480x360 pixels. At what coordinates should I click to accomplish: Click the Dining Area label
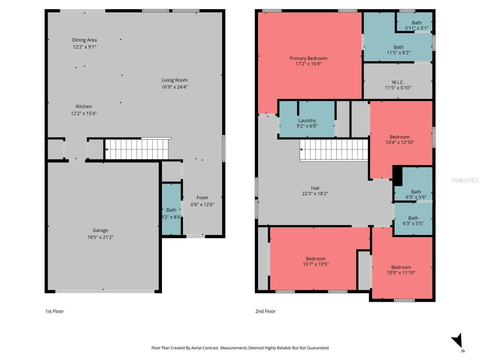[84, 40]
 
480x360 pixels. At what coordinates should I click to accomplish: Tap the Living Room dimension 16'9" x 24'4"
[174, 87]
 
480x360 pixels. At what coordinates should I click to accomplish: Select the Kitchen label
[84, 106]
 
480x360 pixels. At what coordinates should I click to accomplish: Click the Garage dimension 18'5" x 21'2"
[100, 237]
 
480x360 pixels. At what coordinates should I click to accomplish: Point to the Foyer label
[202, 198]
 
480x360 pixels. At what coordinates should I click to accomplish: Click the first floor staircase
[137, 149]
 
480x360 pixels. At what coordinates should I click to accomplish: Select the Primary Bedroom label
[308, 58]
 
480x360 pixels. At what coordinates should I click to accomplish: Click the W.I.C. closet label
[398, 82]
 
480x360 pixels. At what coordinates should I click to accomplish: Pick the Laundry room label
[307, 120]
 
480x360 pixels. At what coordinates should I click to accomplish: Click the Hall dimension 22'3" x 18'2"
[315, 194]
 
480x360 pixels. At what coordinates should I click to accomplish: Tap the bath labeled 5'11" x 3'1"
[416, 25]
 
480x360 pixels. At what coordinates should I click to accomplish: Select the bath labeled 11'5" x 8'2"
[398, 50]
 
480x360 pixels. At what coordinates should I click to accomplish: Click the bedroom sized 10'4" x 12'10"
[399, 139]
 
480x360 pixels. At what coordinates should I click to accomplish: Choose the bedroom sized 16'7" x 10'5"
[315, 261]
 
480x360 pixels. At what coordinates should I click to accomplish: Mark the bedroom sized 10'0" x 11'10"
[401, 270]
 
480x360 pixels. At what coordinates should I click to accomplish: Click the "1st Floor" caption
[54, 311]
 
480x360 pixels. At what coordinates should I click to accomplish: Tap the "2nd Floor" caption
[265, 311]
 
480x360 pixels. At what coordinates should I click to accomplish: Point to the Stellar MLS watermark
[465, 180]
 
